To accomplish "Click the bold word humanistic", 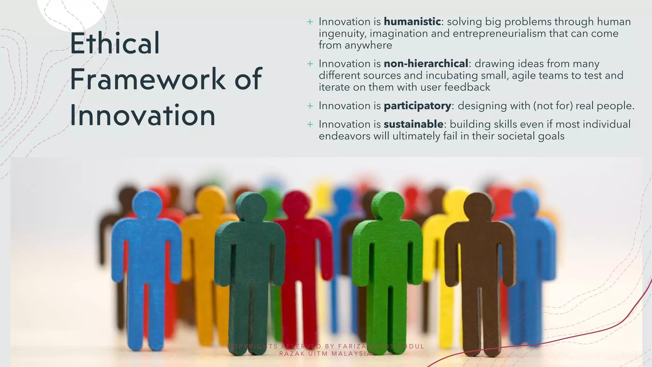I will (412, 22).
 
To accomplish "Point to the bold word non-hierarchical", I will (426, 64).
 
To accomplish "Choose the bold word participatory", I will (417, 106).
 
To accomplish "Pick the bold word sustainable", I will (413, 124).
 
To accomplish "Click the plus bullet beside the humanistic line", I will (310, 22).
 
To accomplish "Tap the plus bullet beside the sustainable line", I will (310, 125).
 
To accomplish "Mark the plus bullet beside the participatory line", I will (310, 106).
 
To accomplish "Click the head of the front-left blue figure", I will (147, 205).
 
